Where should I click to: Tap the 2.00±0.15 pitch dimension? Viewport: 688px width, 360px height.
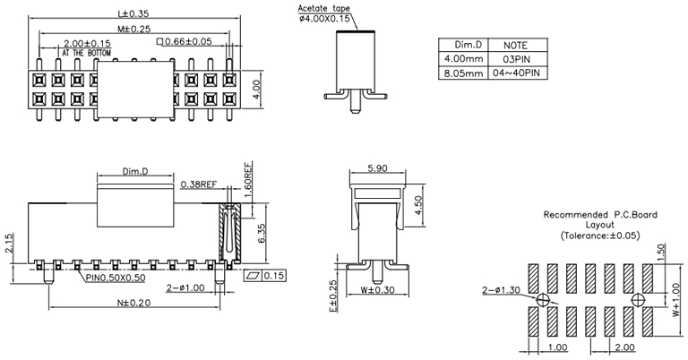click(87, 43)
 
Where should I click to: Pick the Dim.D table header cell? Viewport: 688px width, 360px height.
click(468, 44)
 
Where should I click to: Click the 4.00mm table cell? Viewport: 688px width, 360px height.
click(468, 58)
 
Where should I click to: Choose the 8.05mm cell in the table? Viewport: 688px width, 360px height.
click(468, 73)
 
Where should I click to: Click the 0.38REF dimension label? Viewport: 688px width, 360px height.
click(198, 184)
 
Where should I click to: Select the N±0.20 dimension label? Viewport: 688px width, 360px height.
click(134, 303)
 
